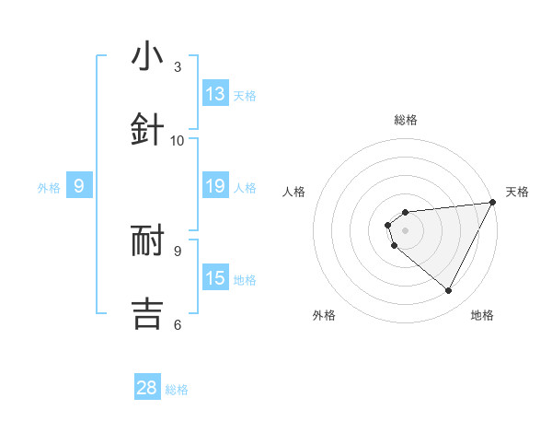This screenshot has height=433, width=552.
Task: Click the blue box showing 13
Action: (215, 94)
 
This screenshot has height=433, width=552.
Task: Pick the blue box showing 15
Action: (215, 279)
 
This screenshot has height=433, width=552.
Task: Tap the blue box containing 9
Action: (79, 187)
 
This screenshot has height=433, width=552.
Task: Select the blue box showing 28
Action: (147, 388)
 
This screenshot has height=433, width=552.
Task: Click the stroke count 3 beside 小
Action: (178, 66)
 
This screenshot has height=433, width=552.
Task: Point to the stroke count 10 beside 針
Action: (178, 141)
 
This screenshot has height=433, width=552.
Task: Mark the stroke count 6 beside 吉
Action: (178, 323)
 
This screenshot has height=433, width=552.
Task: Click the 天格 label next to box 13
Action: (245, 95)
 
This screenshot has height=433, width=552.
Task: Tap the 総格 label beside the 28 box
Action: (177, 389)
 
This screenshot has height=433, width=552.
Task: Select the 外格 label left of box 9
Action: (49, 188)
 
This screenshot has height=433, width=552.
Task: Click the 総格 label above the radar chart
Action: (406, 120)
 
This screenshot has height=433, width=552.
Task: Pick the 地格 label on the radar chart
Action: (482, 315)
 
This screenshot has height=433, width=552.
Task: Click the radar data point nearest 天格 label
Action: (493, 203)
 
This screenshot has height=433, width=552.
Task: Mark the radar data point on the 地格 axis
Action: (448, 291)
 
